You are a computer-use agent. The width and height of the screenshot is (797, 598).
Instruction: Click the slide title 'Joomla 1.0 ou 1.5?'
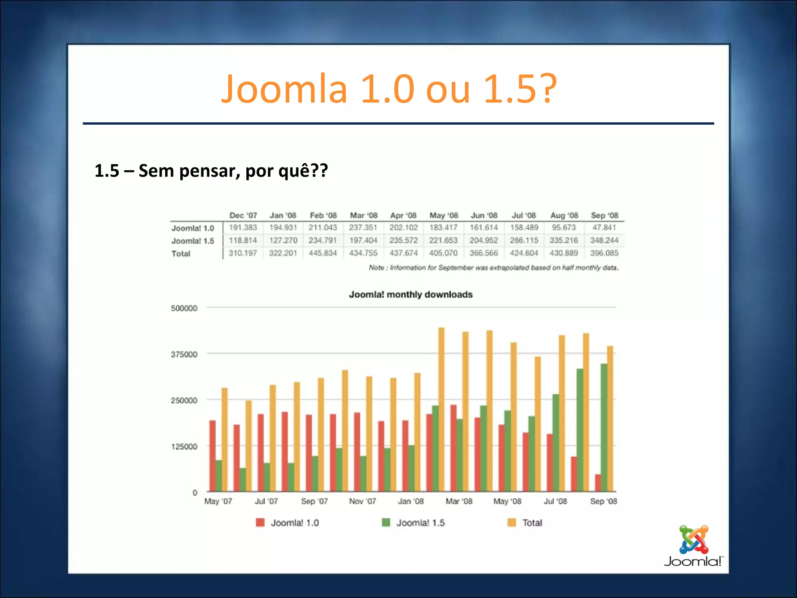point(389,89)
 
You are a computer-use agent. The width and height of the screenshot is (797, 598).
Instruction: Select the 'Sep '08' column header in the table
point(604,215)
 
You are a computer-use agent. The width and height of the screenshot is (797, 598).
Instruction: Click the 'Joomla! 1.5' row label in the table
point(193,241)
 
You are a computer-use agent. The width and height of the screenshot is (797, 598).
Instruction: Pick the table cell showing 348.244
point(604,240)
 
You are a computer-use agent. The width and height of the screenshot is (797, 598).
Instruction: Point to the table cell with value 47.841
point(604,227)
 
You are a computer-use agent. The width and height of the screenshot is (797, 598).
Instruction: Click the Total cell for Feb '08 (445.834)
point(323,253)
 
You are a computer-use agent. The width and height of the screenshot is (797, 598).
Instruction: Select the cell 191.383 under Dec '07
point(243,227)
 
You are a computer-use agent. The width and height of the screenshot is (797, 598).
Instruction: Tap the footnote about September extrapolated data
point(493,267)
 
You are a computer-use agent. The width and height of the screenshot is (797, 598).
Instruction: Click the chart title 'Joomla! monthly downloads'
point(411,295)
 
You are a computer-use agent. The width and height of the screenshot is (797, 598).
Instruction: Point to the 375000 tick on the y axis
point(184,354)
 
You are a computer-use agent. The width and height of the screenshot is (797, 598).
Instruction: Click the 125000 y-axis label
point(184,447)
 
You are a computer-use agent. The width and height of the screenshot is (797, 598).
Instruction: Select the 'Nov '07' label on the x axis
point(362,501)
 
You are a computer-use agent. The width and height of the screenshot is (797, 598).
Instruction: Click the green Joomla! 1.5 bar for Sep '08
point(604,428)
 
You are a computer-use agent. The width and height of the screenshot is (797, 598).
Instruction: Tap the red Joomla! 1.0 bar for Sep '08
point(598,483)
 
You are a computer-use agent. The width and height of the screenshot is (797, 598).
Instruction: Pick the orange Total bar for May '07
point(225,440)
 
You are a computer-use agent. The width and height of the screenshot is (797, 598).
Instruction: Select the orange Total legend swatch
point(512,522)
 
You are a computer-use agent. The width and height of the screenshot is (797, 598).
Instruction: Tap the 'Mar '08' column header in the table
point(363,215)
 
